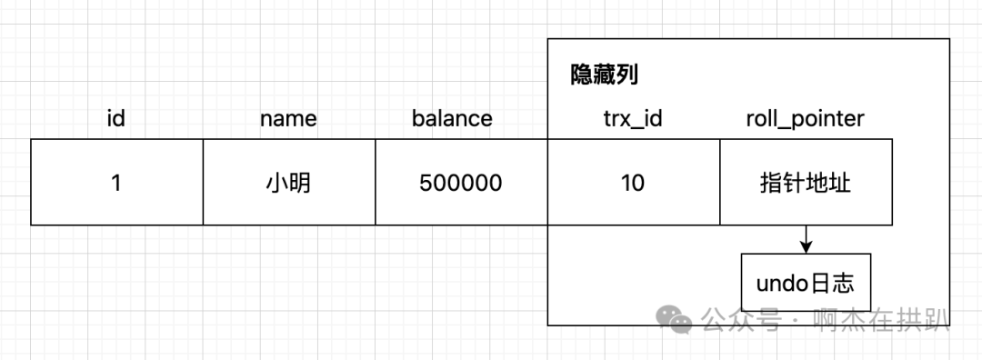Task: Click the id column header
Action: pos(115,118)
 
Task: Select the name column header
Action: pos(288,118)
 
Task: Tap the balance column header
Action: pos(452,118)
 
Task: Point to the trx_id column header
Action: pos(633,118)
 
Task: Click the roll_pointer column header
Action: pos(805,118)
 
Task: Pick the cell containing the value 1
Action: pos(116,183)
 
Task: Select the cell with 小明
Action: pos(288,183)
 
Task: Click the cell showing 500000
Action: pos(461,183)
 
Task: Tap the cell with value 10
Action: pos(633,183)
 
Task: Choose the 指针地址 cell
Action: pos(806,183)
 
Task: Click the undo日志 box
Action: pos(806,284)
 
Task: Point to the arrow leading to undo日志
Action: pos(806,240)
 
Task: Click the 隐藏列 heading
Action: pos(604,75)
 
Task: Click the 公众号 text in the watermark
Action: pos(740,320)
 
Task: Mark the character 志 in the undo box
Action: pos(844,284)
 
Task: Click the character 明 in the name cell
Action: pos(300,183)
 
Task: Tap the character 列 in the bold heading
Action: pos(626,75)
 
